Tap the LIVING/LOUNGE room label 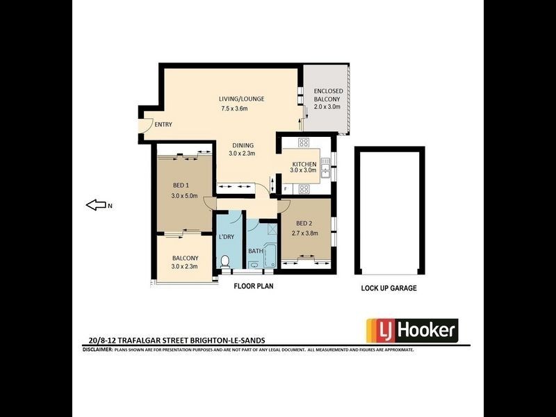[x=241, y=99]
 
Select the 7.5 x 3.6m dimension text [x=239, y=109]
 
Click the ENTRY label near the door [x=163, y=125]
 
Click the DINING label [x=243, y=145]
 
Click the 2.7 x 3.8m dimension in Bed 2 [x=304, y=233]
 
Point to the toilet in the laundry [x=224, y=262]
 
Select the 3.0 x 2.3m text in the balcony [x=185, y=267]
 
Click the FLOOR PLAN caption [x=253, y=285]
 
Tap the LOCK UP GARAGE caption [x=389, y=288]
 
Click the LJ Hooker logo [x=411, y=329]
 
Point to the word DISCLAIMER [x=97, y=350]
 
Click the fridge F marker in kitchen [x=286, y=189]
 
